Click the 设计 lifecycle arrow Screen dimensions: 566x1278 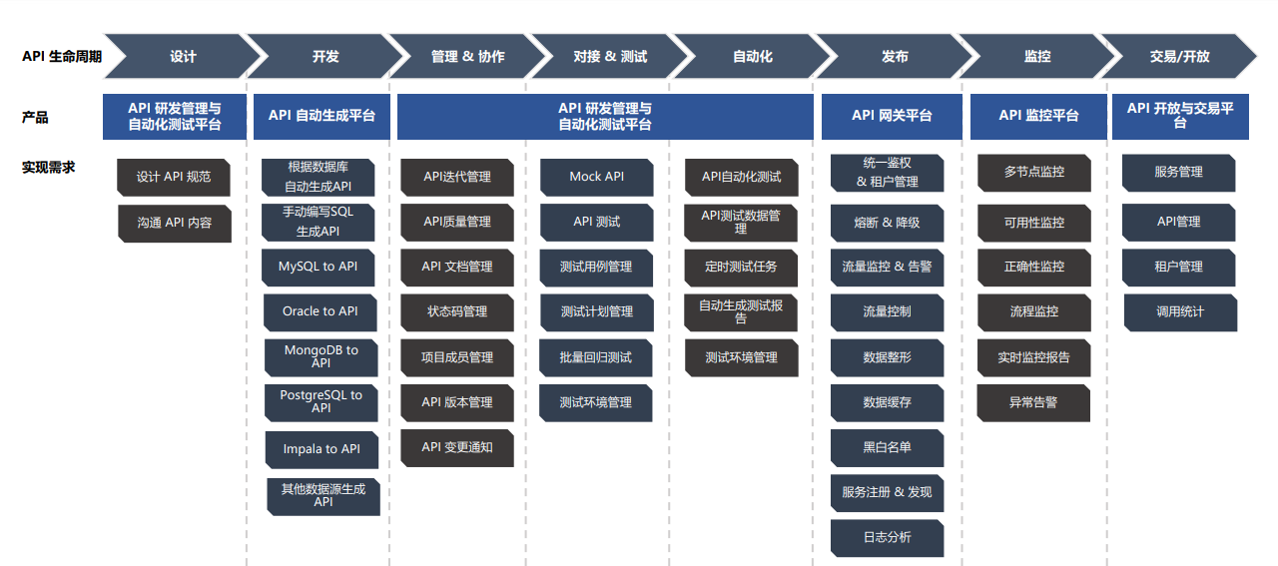[x=183, y=57]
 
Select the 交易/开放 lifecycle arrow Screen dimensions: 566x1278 [x=1179, y=57]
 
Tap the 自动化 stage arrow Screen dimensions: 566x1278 [x=752, y=57]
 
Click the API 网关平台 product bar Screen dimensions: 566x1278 [x=892, y=116]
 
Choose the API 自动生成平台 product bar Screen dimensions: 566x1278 [x=321, y=116]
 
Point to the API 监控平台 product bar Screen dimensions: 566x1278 [x=1038, y=116]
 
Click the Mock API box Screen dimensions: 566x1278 [x=597, y=177]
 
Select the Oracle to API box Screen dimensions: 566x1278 [x=320, y=311]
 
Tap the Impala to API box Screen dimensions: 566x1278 [x=321, y=449]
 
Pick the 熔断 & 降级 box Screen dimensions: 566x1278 [x=887, y=223]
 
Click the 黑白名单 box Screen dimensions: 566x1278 [x=887, y=447]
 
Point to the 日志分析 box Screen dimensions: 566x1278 [x=887, y=537]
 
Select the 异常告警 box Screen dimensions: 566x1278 [x=1033, y=403]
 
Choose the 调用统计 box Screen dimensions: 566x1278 [x=1180, y=311]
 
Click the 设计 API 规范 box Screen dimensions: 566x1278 [x=174, y=177]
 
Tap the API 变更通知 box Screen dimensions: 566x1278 [x=457, y=447]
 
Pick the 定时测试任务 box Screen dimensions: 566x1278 [x=741, y=267]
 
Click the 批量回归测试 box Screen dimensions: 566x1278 [x=597, y=357]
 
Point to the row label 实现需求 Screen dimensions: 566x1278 [x=49, y=167]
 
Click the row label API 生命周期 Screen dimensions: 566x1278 [x=62, y=57]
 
